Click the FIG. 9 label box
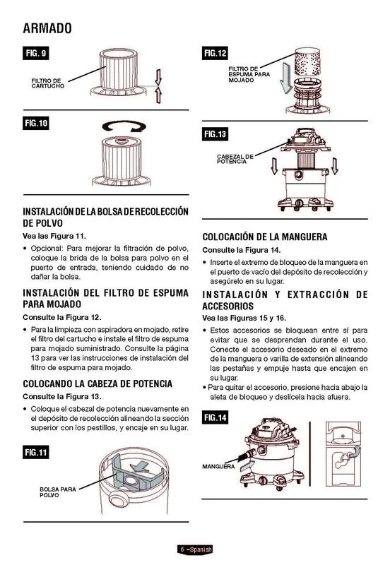(x=36, y=54)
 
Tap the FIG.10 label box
(x=36, y=123)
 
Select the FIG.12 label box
(x=215, y=54)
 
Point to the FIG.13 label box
(x=215, y=134)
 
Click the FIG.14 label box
(x=215, y=417)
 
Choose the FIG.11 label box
(x=36, y=452)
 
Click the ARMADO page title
(x=47, y=28)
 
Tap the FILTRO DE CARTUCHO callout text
(x=47, y=83)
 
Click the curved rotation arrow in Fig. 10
(x=124, y=127)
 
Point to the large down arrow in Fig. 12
(x=286, y=78)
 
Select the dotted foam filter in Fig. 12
(x=307, y=61)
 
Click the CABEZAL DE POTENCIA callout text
(x=235, y=159)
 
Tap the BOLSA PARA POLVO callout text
(x=58, y=492)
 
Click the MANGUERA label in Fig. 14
(x=218, y=466)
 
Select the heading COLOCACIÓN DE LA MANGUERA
(x=265, y=237)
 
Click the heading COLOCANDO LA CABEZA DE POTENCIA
(x=97, y=383)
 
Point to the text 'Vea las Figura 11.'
(x=54, y=237)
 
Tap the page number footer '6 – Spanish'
(x=195, y=549)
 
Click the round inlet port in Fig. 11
(x=119, y=500)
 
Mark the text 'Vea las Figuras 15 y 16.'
(x=244, y=319)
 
